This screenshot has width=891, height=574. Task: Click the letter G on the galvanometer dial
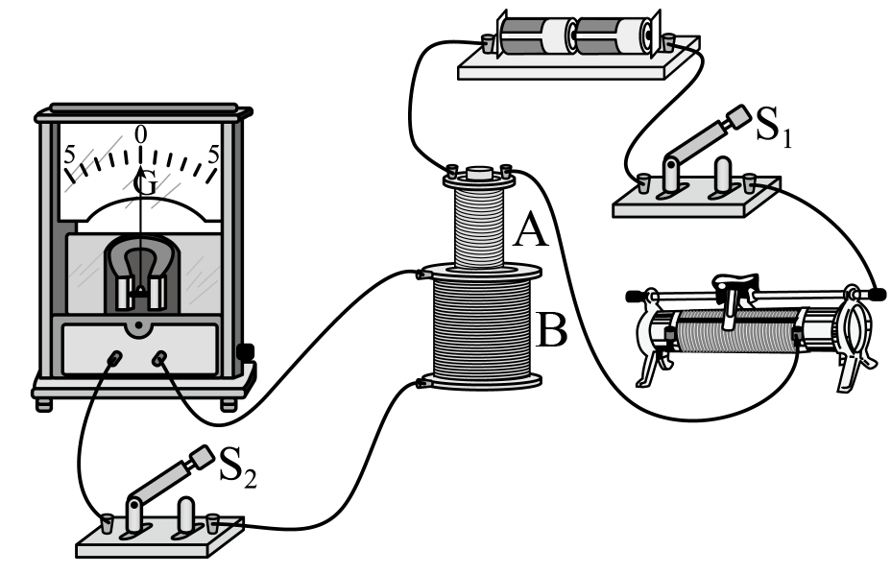tap(145, 184)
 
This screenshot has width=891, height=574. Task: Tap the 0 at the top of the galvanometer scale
tap(140, 134)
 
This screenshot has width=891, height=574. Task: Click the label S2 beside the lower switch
tap(237, 467)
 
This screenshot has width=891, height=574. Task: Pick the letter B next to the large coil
tap(550, 330)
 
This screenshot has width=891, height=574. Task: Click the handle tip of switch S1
tap(739, 117)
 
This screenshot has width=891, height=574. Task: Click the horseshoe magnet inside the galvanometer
tap(141, 272)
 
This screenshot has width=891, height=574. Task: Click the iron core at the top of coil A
tap(479, 172)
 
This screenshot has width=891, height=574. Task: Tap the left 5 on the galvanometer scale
tap(69, 155)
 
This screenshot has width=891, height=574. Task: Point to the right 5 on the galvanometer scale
tap(214, 154)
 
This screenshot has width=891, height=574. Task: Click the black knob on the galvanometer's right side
tap(245, 351)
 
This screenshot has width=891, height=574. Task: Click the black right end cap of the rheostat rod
tap(878, 295)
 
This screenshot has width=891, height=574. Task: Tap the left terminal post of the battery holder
tap(488, 42)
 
